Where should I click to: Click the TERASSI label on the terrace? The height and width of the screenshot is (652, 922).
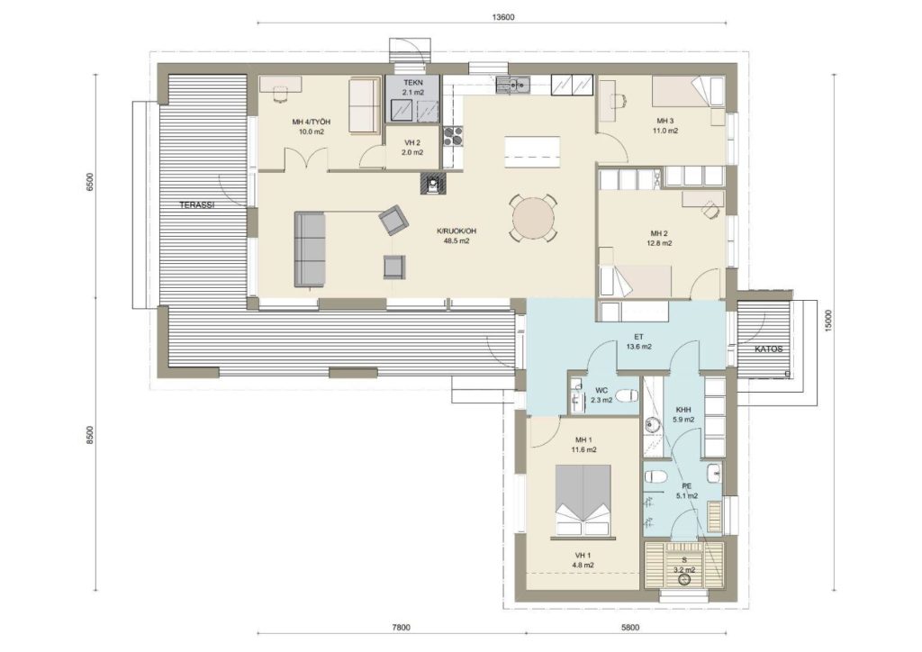(196, 205)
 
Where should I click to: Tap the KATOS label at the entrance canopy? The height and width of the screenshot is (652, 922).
(769, 349)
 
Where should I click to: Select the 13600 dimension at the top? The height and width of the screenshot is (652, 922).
(503, 17)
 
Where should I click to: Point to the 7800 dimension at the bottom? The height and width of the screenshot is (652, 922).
(401, 628)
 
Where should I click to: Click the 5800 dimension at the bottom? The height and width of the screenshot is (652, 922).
(629, 628)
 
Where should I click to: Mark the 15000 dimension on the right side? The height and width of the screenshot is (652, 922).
(828, 322)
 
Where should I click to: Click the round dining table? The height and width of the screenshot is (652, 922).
(533, 218)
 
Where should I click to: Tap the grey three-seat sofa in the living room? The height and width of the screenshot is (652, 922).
(310, 249)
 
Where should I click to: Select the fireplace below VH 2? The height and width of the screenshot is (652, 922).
(433, 184)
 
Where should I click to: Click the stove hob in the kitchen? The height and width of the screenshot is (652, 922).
(454, 136)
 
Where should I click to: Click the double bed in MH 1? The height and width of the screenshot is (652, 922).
(583, 502)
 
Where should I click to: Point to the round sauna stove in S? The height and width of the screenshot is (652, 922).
(684, 580)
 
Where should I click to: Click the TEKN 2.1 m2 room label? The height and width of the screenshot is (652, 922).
(412, 87)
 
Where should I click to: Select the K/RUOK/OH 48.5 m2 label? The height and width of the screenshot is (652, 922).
(456, 236)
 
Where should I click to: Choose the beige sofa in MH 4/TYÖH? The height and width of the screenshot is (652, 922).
(365, 106)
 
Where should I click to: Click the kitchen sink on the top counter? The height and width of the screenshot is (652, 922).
(512, 86)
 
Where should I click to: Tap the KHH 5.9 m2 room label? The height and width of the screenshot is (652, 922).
(683, 414)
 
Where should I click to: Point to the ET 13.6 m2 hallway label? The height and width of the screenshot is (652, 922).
(638, 341)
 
